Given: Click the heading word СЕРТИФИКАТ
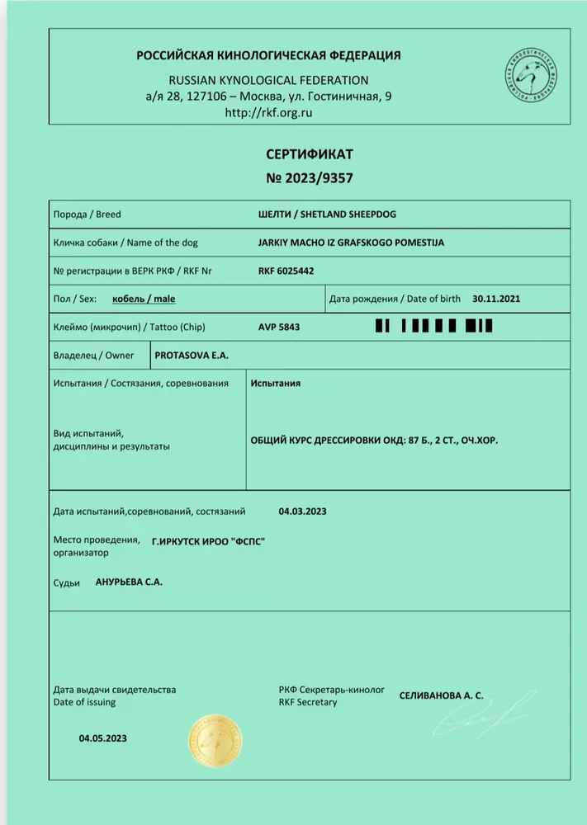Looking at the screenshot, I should pos(309,154).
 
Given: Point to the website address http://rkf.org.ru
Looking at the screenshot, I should pos(268,113).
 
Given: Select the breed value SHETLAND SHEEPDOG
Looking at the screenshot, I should pos(327,214).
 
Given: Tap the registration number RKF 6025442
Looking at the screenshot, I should pos(286,271).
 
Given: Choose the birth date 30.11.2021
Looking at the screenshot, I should pos(496,299).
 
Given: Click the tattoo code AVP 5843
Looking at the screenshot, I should pos(279,327).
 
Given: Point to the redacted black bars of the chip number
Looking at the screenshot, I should pos(433,327).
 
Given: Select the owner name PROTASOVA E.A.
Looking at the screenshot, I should pos(191,355).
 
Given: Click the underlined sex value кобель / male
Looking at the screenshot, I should pos(144,299).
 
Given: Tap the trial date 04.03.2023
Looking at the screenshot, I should pos(302,511).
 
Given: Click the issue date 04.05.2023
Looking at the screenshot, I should pos(103,738).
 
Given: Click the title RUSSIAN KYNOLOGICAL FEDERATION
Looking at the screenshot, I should pos(268,80).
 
